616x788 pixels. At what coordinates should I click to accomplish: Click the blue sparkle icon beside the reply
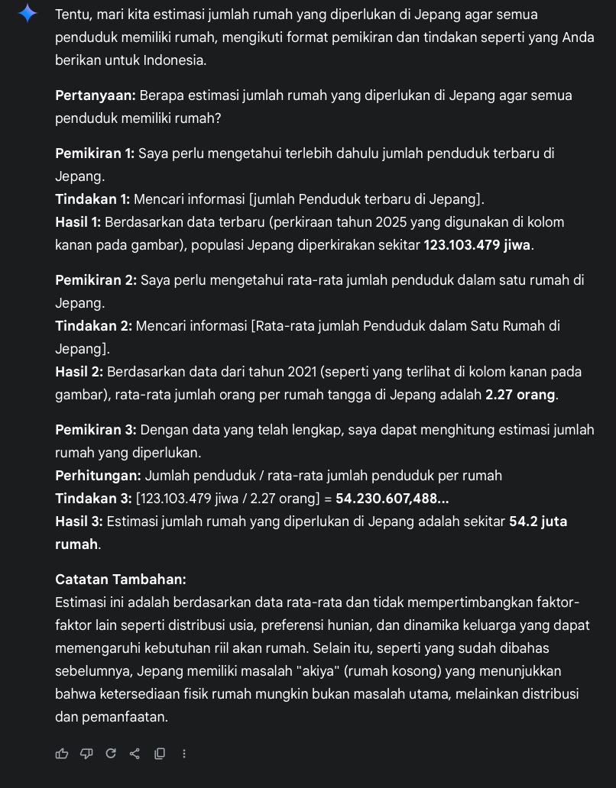28,14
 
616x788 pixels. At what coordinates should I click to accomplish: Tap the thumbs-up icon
62,754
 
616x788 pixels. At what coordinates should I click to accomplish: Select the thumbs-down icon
86,754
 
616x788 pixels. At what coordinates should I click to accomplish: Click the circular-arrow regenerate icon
111,754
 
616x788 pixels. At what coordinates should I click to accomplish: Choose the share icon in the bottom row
135,754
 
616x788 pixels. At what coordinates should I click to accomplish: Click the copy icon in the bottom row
160,754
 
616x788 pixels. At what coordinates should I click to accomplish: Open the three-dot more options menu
184,754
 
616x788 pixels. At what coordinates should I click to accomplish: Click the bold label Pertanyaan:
96,95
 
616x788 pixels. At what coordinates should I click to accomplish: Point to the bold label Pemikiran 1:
95,153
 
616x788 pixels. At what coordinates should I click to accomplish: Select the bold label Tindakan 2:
93,326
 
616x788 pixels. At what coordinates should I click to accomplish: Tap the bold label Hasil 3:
79,522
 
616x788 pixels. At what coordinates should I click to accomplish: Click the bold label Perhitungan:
98,476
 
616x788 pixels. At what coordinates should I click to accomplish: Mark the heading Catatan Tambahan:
121,580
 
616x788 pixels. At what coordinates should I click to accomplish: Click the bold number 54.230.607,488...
391,499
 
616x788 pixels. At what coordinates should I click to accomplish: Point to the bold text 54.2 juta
538,522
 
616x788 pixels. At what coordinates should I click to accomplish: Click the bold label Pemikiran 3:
96,430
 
